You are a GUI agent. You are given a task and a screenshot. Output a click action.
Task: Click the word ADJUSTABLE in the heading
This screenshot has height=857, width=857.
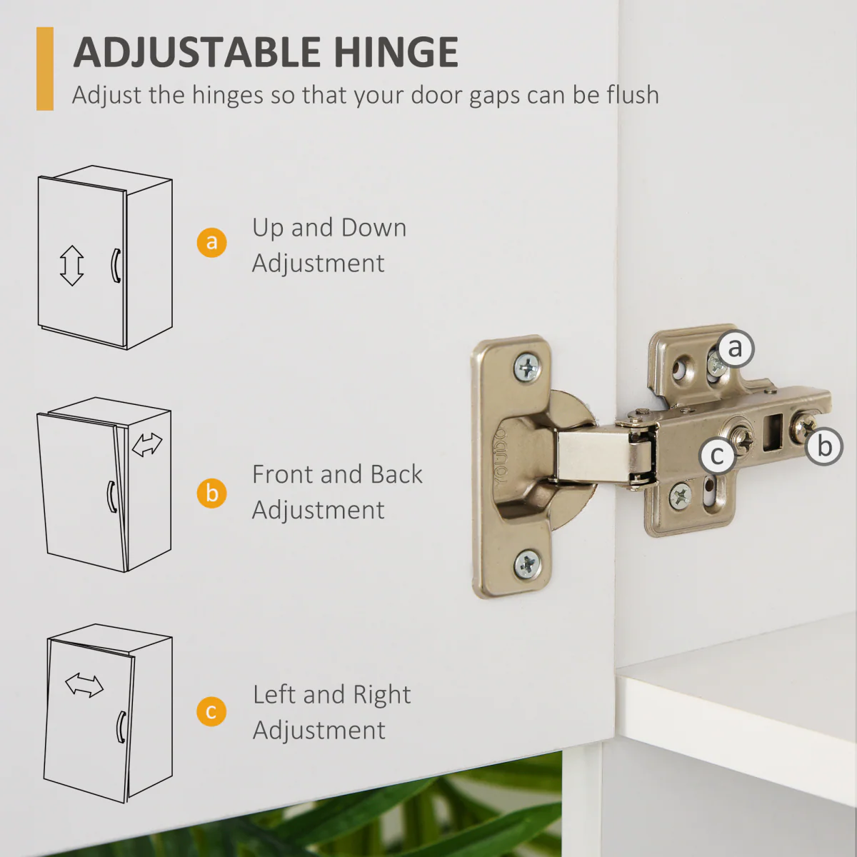pos(196,52)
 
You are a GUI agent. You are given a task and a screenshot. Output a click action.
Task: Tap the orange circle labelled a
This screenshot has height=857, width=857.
pos(211,242)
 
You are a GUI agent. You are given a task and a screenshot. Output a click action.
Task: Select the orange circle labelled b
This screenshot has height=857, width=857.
pos(211,493)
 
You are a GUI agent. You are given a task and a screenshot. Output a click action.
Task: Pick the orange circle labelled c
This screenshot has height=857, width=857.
pos(211,711)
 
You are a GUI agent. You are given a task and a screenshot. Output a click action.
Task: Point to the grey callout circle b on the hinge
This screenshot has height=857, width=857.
pos(824,446)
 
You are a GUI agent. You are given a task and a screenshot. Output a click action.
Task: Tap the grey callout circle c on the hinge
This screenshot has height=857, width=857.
pos(717,455)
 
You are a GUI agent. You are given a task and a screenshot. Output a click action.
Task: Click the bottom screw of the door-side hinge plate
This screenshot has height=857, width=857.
pos(528,564)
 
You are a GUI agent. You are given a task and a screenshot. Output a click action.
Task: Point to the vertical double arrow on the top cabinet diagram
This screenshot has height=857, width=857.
pos(71,266)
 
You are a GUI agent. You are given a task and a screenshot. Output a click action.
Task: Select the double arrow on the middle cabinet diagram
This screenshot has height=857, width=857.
pos(147,445)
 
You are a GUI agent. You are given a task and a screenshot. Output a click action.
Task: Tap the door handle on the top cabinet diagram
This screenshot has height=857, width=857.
pos(116,265)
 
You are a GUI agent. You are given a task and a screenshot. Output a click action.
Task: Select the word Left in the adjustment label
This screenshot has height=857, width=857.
pos(275,694)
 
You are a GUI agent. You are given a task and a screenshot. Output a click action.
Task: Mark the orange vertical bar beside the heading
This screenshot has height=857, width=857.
pos(45,69)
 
